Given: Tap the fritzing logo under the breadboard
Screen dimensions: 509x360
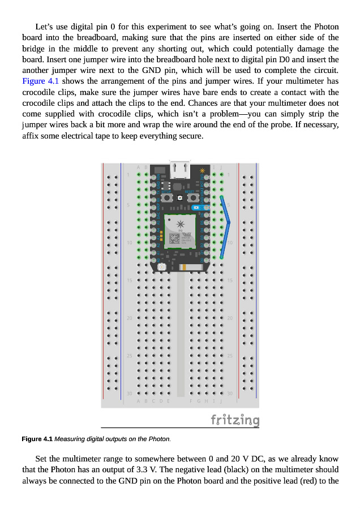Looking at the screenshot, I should click(235, 420).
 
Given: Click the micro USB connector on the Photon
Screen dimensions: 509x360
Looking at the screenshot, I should click(179, 169).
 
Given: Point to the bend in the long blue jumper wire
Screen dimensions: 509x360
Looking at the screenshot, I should click(229, 223).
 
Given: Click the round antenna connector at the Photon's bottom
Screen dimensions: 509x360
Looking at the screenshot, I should click(161, 266).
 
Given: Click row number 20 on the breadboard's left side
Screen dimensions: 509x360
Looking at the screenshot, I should click(130, 318).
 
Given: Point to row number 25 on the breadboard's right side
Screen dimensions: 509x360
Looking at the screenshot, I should click(230, 356).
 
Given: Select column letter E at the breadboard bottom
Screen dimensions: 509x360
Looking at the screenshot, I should click(168, 400).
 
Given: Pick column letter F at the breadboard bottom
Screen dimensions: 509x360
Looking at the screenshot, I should click(191, 400).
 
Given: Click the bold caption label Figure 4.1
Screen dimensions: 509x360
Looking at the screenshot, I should click(37, 439).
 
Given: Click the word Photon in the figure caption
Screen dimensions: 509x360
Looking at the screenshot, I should click(159, 439).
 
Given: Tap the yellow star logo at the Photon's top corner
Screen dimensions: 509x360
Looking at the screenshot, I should click(202, 170).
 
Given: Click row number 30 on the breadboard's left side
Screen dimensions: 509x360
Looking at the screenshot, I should click(130, 394).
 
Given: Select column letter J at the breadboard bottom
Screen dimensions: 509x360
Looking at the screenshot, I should click(221, 400).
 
